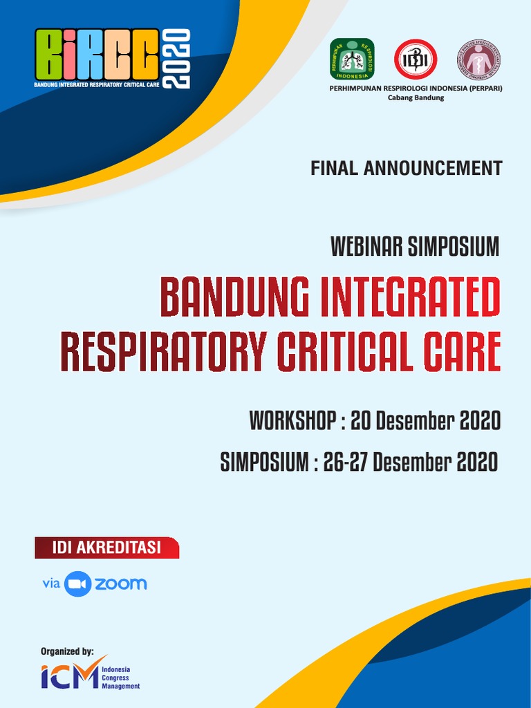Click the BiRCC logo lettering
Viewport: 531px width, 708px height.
tap(96, 55)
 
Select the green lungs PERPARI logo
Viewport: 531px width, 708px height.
tap(352, 59)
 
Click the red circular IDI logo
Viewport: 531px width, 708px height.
tap(416, 59)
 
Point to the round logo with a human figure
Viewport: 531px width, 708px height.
tap(478, 59)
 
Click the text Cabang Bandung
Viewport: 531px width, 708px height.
tap(416, 98)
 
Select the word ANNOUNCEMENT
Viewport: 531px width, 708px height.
tap(434, 168)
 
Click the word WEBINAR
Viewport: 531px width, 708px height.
tap(367, 247)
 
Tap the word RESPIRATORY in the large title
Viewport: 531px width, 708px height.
tap(163, 351)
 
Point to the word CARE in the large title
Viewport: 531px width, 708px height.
tap(464, 351)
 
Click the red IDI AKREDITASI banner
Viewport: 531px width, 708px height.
tap(106, 548)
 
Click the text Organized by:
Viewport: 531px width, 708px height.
tap(67, 651)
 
